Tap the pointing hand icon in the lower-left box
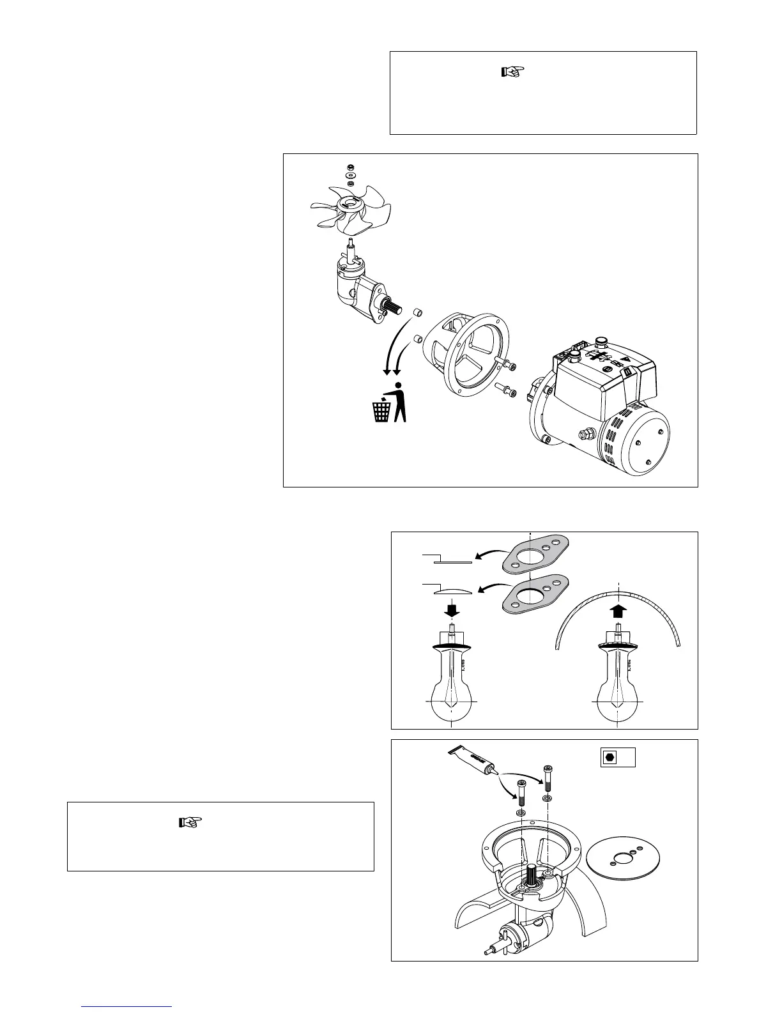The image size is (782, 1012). pos(190,822)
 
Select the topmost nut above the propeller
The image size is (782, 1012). pos(349,167)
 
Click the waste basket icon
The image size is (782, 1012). pos(381,409)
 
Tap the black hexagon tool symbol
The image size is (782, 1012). pos(609,757)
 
